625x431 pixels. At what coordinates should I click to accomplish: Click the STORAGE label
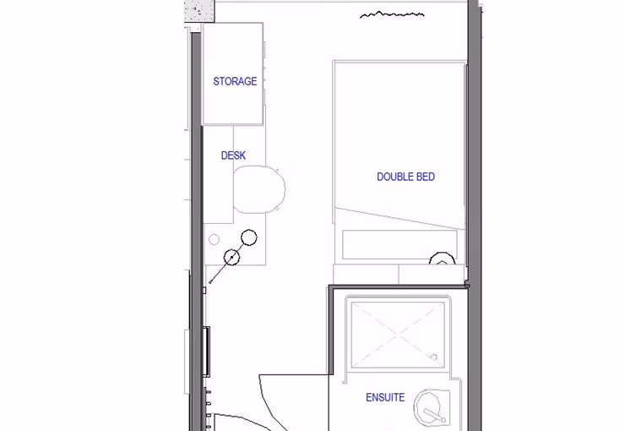235,81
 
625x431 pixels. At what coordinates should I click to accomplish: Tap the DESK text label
233,155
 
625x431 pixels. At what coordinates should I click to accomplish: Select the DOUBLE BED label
405,177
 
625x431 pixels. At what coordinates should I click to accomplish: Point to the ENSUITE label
384,397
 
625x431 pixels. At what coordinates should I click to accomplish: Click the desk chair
257,190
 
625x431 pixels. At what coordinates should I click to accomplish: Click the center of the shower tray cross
397,334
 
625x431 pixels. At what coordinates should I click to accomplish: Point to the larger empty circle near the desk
248,237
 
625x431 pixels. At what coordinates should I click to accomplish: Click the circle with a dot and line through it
231,257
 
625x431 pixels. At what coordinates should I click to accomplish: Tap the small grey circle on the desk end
215,240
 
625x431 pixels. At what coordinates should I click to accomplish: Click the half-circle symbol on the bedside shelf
442,260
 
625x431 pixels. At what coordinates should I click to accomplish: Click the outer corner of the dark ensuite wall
329,289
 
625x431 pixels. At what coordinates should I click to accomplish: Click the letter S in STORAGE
216,81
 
